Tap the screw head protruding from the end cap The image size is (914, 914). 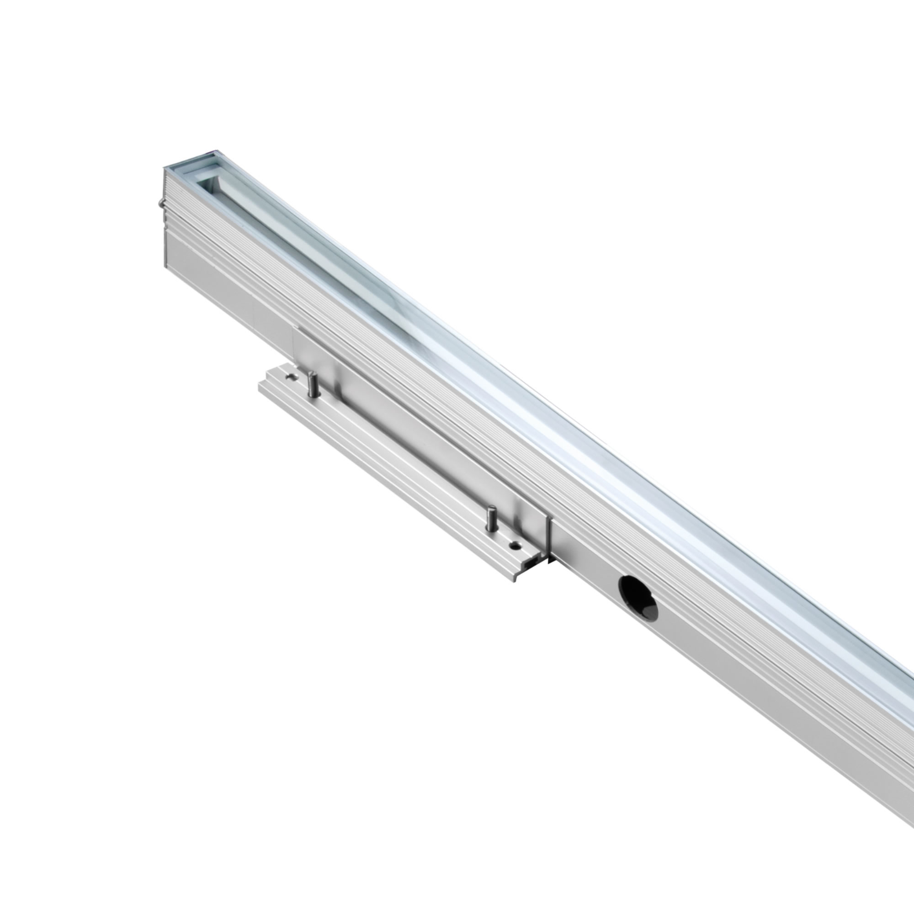pos(161,204)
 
